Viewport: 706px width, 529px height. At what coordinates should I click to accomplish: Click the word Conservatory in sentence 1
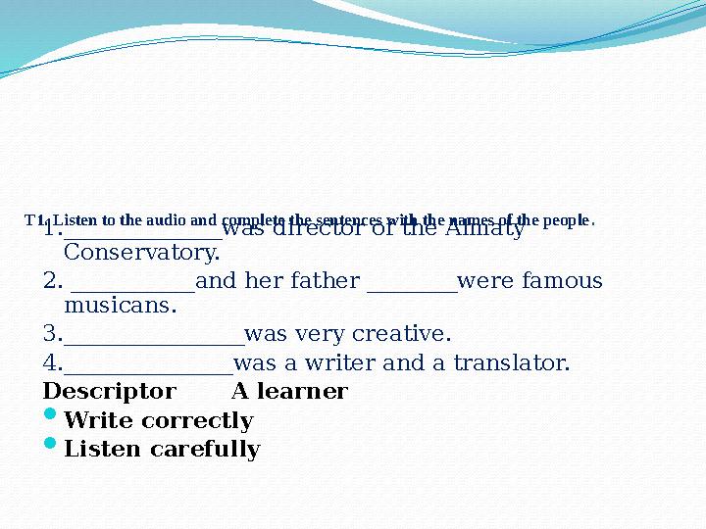pyautogui.click(x=141, y=254)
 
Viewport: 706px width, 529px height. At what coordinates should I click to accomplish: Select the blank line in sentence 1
pyautogui.click(x=143, y=233)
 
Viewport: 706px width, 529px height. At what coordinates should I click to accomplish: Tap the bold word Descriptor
pyautogui.click(x=110, y=392)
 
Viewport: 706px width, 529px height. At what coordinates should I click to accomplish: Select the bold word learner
pyautogui.click(x=305, y=392)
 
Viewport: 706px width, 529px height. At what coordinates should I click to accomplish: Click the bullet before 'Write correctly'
pyautogui.click(x=51, y=419)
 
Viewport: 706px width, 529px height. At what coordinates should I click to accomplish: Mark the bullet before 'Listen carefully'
pyautogui.click(x=51, y=448)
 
